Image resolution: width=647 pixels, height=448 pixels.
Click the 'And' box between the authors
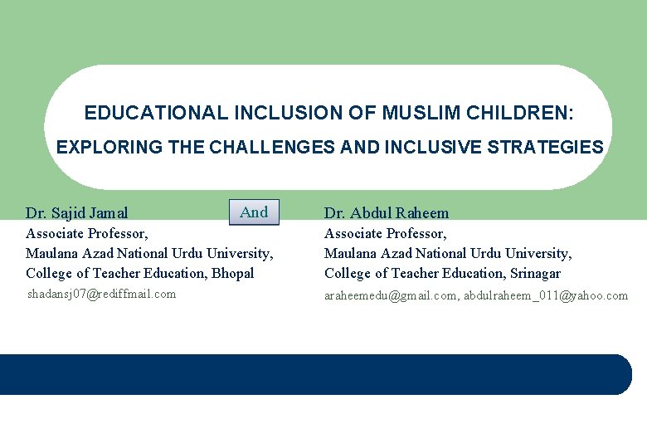[x=254, y=212]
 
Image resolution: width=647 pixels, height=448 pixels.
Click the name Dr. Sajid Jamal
[x=77, y=213]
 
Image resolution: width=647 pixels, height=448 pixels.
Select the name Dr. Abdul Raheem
[x=387, y=213]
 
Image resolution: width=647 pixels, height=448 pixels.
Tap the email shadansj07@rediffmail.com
[x=102, y=294]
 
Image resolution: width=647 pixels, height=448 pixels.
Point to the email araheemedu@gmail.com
[x=390, y=295]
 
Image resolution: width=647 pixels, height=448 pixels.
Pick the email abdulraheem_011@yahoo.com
[x=546, y=295]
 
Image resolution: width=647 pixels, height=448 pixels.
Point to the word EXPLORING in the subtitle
[x=96, y=148]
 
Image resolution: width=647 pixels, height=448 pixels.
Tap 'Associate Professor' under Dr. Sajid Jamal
[x=87, y=234]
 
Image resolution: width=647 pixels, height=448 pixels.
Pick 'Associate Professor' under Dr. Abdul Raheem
[x=386, y=234]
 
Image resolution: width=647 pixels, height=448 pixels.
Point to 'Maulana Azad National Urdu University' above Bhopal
[x=149, y=253]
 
